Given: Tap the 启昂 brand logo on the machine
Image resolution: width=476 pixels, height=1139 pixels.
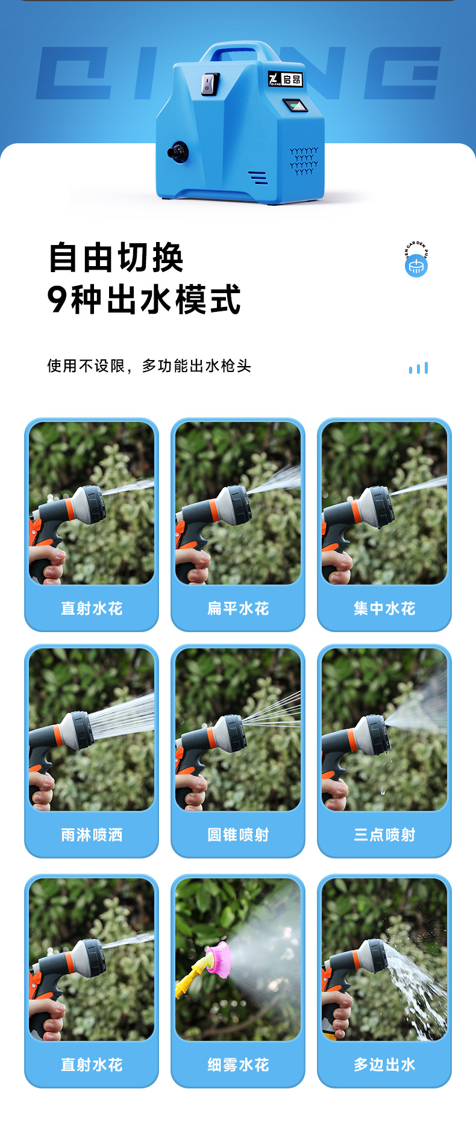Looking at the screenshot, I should tap(285, 79).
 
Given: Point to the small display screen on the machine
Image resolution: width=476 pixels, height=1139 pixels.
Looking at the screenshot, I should tap(295, 106).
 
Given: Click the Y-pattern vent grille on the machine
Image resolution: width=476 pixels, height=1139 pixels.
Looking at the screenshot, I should tap(304, 161).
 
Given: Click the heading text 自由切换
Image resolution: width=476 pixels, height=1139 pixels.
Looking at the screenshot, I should tap(116, 258).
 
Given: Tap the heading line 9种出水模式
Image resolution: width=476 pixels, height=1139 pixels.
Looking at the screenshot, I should tap(144, 299).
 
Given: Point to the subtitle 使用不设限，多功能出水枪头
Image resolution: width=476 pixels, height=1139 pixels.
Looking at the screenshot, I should tap(149, 366).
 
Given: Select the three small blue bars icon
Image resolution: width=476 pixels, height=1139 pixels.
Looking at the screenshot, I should tap(418, 368).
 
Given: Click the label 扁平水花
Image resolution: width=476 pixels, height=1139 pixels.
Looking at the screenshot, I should tap(238, 609).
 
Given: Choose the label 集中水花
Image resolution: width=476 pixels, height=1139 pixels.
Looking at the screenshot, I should tap(384, 609).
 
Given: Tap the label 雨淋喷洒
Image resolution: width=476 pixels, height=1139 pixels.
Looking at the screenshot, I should tap(92, 835).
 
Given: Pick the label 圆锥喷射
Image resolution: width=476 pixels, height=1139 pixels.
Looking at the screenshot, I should tap(238, 835).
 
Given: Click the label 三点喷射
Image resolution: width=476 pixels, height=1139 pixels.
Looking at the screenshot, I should tap(384, 835).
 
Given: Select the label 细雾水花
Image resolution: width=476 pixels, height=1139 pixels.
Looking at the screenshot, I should tap(238, 1065).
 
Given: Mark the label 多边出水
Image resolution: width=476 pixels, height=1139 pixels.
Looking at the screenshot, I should tap(384, 1065).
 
